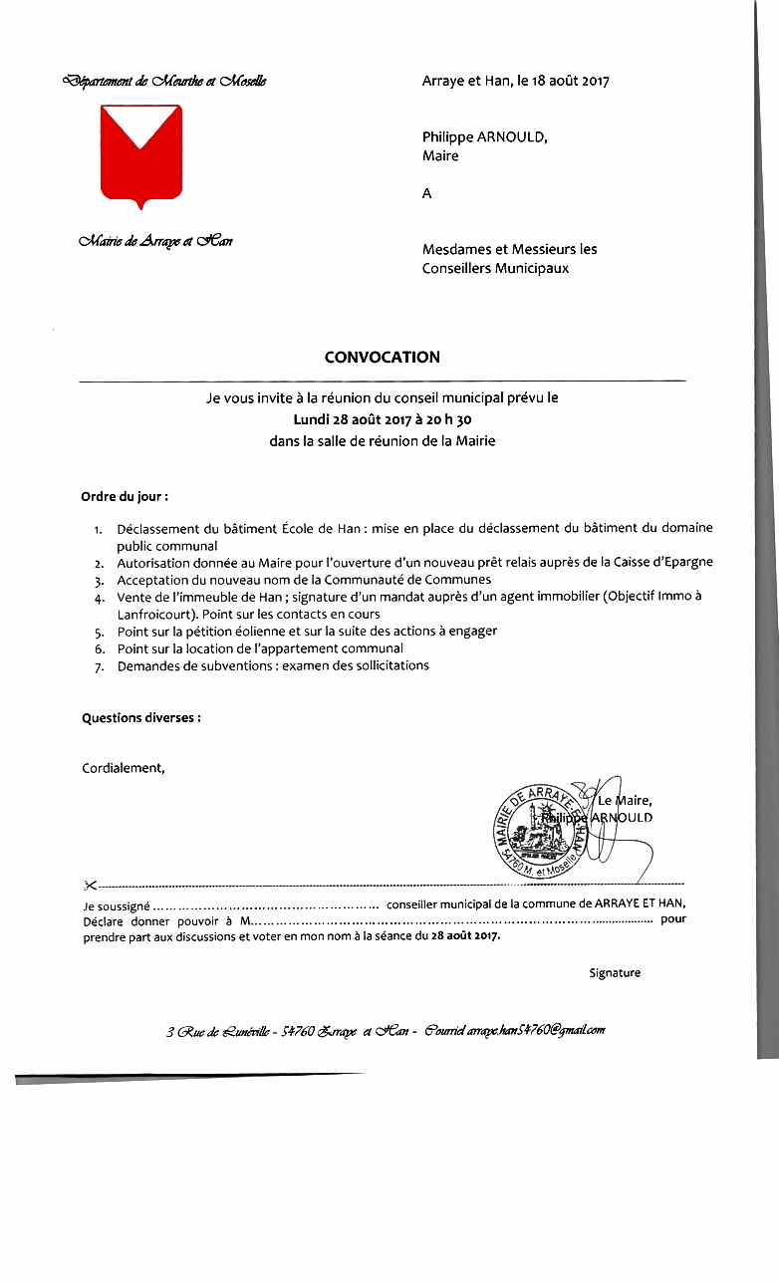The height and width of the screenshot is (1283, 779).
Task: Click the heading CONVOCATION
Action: pyautogui.click(x=382, y=357)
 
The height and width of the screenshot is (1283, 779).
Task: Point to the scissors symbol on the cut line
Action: pyautogui.click(x=90, y=885)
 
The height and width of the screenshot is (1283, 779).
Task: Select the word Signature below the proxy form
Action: pyautogui.click(x=615, y=972)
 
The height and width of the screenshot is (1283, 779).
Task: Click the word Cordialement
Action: pyautogui.click(x=123, y=767)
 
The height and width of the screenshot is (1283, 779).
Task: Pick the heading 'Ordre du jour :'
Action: pyautogui.click(x=125, y=495)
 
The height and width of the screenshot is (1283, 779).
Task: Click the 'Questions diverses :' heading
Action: pyautogui.click(x=140, y=717)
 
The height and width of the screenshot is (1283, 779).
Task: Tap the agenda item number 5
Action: pyautogui.click(x=99, y=632)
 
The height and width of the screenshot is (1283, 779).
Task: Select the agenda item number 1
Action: pyautogui.click(x=99, y=529)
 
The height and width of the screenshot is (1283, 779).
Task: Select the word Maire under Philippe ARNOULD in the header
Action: pyautogui.click(x=440, y=156)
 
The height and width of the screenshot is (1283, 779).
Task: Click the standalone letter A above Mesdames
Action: pyautogui.click(x=427, y=194)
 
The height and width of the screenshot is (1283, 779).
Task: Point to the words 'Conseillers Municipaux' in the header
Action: pyautogui.click(x=495, y=268)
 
